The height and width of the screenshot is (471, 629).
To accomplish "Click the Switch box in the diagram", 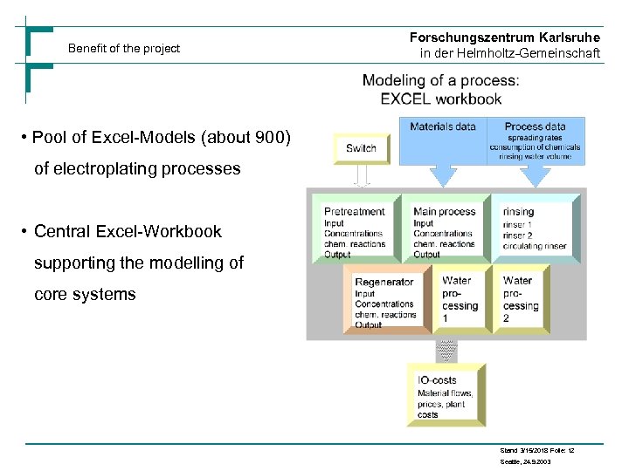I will (361, 148).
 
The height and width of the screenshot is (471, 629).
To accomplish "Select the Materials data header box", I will (443, 127).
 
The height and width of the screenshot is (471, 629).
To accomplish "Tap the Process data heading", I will (535, 127).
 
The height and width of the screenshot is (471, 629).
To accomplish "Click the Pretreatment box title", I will (354, 212).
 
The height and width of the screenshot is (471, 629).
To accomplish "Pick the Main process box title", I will (444, 212).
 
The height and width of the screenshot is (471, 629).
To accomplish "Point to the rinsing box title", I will (518, 212).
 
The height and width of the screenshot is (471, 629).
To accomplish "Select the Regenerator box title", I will (384, 283).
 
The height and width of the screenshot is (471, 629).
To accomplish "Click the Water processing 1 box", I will (460, 299).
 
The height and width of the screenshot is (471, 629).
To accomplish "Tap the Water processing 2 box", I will (522, 299).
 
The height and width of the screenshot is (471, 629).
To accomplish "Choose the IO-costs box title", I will (437, 381).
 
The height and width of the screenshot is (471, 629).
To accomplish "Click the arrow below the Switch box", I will (361, 176).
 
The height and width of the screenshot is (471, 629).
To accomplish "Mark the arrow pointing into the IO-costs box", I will (446, 351).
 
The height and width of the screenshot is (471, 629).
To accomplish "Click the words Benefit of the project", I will (124, 49).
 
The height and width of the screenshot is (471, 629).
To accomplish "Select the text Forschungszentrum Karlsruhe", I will (504, 38).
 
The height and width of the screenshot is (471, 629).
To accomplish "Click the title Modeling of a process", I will (440, 81).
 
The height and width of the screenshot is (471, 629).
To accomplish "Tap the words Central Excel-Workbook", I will (128, 232).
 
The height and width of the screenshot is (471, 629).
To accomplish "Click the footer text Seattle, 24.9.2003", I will (525, 461).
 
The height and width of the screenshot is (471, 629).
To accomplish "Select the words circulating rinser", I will (535, 247).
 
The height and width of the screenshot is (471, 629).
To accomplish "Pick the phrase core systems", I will (85, 295).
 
